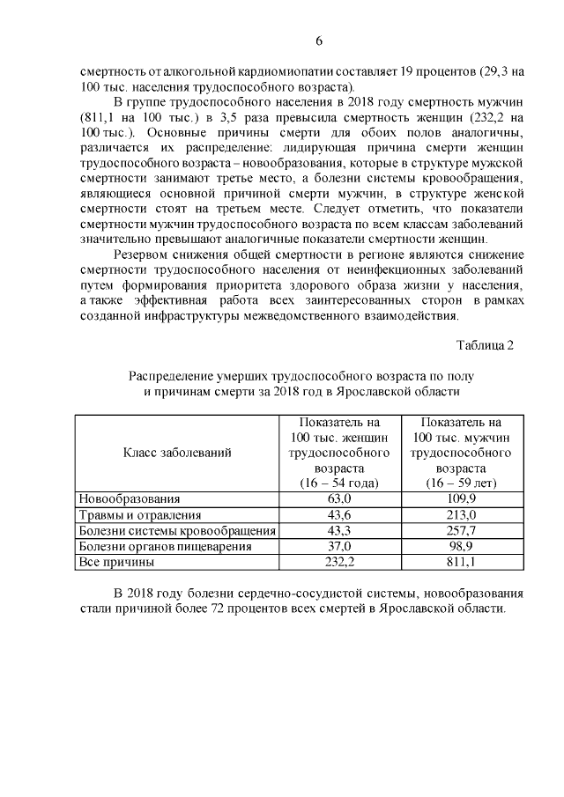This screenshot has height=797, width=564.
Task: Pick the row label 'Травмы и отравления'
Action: pos(140,515)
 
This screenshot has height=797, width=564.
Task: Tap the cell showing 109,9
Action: pos(461,499)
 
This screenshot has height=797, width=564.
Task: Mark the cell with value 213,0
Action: pos(461,515)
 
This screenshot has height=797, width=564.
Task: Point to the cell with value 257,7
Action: pos(461,530)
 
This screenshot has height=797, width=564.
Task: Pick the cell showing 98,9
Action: pos(461,546)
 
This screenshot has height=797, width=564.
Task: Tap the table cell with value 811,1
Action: pos(461,561)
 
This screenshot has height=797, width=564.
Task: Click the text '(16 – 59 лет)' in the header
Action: pos(461,483)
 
